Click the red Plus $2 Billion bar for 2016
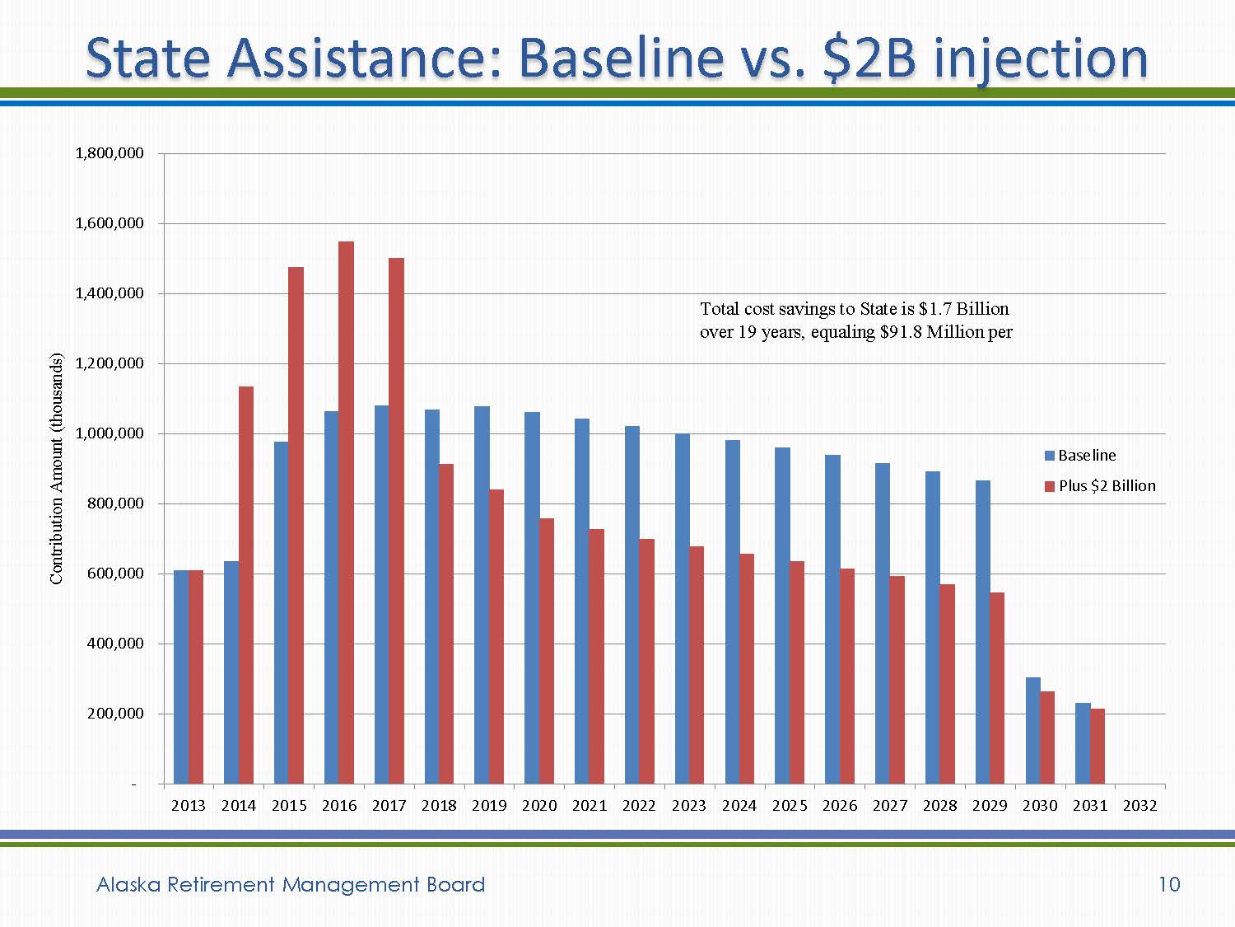(x=346, y=511)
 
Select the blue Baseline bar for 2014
(x=231, y=672)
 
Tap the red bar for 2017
(x=396, y=519)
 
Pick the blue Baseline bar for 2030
(x=1032, y=730)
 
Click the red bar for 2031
(x=1098, y=746)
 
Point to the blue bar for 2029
(x=982, y=631)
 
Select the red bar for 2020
(x=547, y=650)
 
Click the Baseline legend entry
(x=1080, y=456)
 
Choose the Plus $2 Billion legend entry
(x=1100, y=486)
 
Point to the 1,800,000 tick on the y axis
(x=110, y=153)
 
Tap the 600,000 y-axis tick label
(x=114, y=574)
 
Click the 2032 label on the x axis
(x=1139, y=806)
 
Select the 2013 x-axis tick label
(x=188, y=806)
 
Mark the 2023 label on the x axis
(x=688, y=806)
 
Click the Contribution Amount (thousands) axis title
(x=56, y=469)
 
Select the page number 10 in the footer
(x=1169, y=884)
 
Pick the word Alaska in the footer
(x=128, y=884)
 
